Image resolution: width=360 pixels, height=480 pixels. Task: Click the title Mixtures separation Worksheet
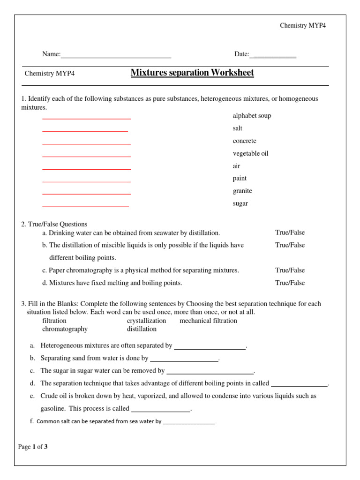pos(192,73)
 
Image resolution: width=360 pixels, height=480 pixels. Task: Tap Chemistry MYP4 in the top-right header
pos(302,25)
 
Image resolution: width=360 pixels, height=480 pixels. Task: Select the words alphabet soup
pos(252,116)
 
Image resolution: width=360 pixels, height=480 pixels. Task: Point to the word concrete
pos(244,141)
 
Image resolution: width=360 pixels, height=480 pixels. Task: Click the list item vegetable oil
pos(250,154)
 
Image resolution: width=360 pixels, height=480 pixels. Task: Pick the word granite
pos(242,191)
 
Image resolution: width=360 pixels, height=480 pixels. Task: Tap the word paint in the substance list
pos(240,179)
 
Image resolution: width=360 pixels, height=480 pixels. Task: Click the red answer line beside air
pos(86,169)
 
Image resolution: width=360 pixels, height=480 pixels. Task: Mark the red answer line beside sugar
pos(85,206)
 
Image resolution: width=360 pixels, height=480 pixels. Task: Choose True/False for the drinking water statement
pos(290,232)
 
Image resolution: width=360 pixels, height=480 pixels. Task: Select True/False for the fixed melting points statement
pos(290,283)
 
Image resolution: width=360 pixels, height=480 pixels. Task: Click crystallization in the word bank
pos(146,321)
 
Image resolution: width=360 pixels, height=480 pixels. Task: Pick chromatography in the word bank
pos(65,329)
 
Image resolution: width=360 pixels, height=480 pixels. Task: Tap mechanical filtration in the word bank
pos(208,321)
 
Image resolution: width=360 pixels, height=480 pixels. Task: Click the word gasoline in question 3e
pos(53,409)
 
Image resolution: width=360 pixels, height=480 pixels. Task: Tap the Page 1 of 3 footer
pos(33,447)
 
